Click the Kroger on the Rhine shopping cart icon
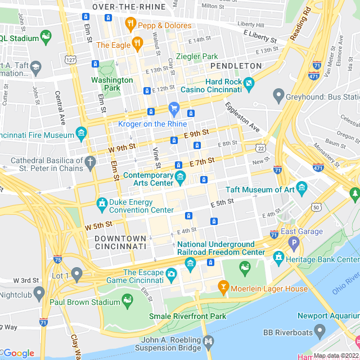[174, 107]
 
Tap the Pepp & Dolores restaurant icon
[130, 24]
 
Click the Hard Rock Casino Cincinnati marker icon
[249, 84]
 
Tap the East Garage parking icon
[293, 244]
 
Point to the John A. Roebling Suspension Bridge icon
[209, 340]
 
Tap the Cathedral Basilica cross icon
[91, 164]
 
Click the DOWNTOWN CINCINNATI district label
[120, 243]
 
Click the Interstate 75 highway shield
[57, 259]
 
